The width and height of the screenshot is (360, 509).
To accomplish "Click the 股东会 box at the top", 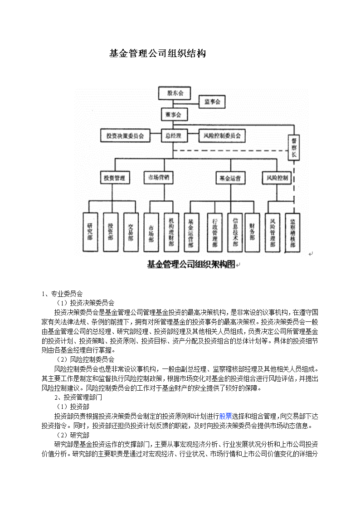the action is coord(174,93).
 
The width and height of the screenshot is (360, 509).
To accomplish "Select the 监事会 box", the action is coord(212,102).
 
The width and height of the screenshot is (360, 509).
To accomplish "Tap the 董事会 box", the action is coord(174,114).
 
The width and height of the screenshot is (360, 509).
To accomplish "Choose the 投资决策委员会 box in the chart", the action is coord(125,136).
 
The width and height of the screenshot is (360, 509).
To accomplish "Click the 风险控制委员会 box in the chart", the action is coord(222,136).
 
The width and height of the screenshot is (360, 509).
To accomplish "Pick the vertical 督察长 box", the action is coord(294,147).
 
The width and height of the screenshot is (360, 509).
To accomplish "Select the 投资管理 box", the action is coord(115,178).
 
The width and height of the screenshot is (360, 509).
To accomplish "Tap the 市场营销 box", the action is coord(158,177).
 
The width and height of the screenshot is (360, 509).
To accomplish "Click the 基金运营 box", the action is coord(230,178).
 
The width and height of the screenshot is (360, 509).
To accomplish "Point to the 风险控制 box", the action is coord(277,178).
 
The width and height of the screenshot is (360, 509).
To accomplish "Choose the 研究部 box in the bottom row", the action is coord(90,232).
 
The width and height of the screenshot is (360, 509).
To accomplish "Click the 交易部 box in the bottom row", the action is coord(131,232).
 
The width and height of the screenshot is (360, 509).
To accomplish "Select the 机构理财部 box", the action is coord(171,232).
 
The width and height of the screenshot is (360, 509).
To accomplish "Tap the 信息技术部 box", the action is coord(235,232).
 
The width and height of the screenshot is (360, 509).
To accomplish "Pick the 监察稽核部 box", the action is coord(292,233).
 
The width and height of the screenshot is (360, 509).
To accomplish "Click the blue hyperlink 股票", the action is coord(226,416).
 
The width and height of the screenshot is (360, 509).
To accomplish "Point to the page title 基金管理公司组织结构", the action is coord(157,53).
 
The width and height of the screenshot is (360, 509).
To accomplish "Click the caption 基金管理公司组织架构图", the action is coord(191,264).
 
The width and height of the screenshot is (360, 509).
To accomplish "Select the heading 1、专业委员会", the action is coord(62,294).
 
